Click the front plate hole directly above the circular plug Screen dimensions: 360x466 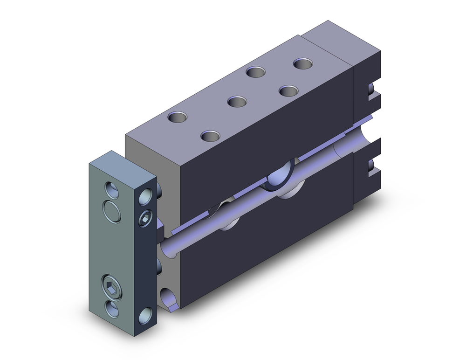112,190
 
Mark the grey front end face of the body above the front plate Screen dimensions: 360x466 149,149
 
